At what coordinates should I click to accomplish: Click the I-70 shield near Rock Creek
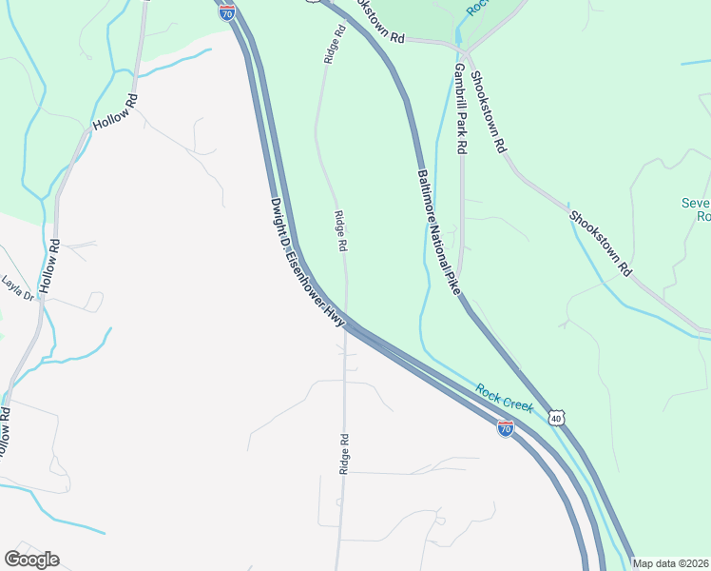[506, 429]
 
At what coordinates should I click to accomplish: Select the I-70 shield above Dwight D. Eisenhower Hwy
[226, 11]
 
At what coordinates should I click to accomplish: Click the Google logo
[31, 560]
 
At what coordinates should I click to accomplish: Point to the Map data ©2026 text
[670, 563]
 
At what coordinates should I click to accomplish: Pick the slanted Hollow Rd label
[116, 112]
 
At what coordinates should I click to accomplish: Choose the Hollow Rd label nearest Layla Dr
[49, 266]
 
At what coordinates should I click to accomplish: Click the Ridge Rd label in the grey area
[344, 455]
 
